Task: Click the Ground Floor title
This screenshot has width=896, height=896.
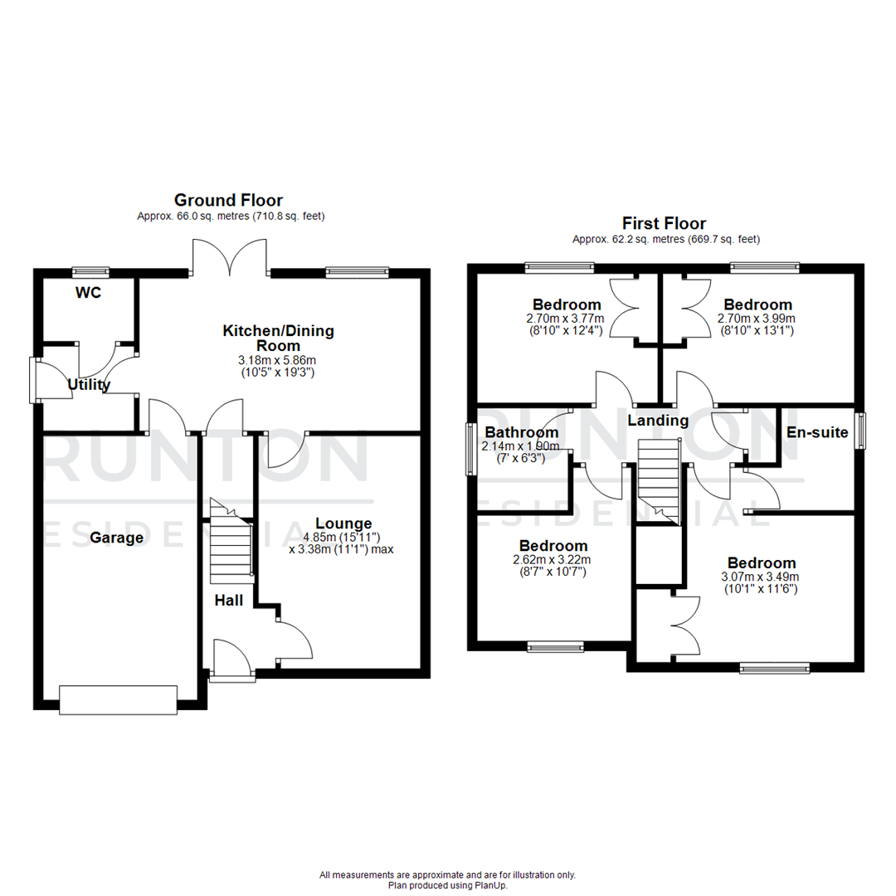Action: pyautogui.click(x=228, y=200)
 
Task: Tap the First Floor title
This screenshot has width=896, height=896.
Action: pyautogui.click(x=665, y=223)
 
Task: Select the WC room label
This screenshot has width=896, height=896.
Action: pyautogui.click(x=87, y=293)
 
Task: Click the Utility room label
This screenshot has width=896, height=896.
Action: pyautogui.click(x=89, y=384)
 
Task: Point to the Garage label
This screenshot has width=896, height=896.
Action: pyautogui.click(x=117, y=538)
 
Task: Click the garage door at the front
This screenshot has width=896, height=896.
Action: pyautogui.click(x=118, y=699)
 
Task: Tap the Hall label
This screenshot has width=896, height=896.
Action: pyautogui.click(x=229, y=600)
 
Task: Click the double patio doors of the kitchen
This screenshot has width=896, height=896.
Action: pyautogui.click(x=230, y=256)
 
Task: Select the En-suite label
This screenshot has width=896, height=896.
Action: pyautogui.click(x=817, y=432)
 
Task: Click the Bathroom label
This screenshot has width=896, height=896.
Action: pyautogui.click(x=521, y=432)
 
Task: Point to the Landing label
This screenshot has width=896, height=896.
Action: pyautogui.click(x=657, y=421)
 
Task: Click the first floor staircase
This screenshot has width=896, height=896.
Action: pyautogui.click(x=658, y=482)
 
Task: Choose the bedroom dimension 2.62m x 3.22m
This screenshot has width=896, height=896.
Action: pyautogui.click(x=553, y=560)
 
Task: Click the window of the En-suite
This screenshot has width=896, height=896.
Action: pyautogui.click(x=860, y=431)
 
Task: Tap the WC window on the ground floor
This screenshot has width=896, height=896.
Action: pyautogui.click(x=90, y=270)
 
